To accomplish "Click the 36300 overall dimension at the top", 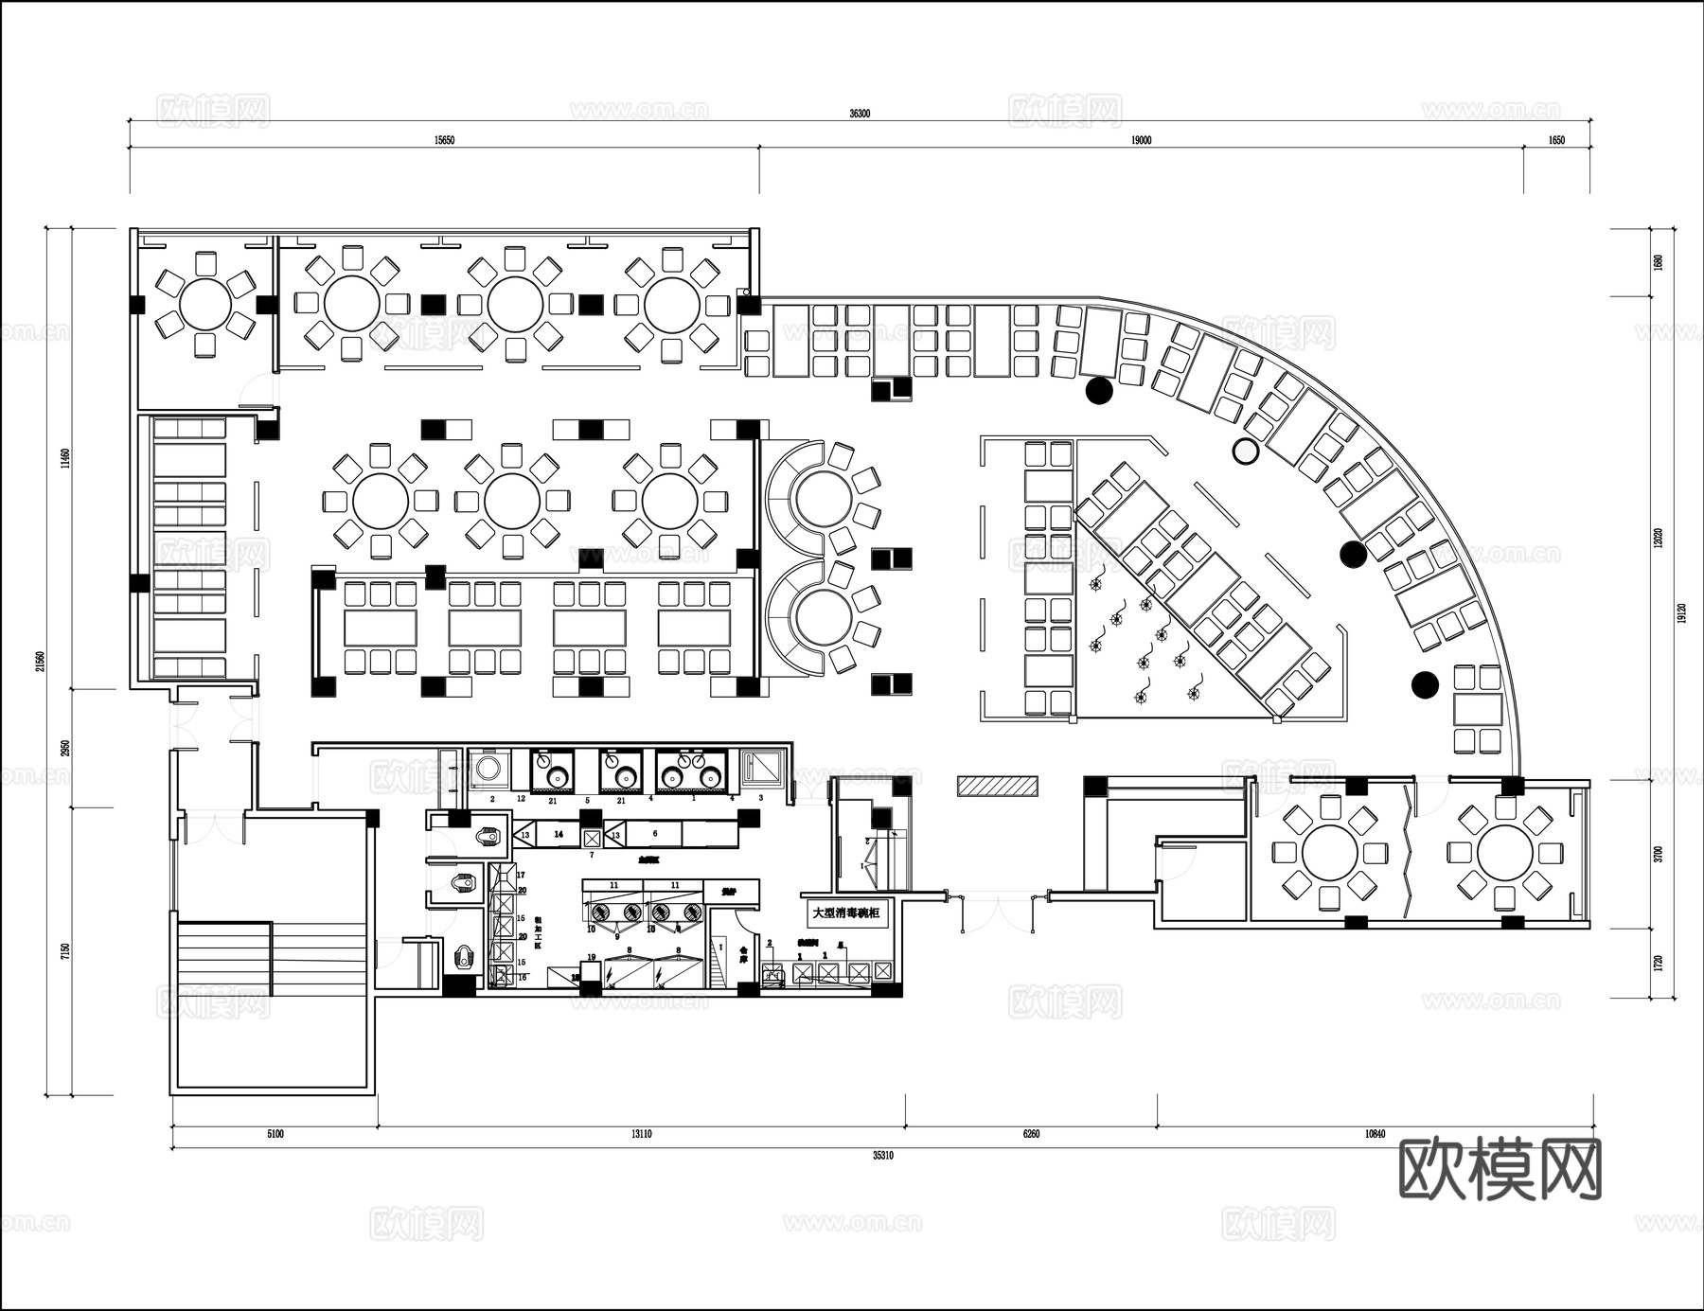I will tap(860, 114).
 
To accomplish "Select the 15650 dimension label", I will tap(444, 140).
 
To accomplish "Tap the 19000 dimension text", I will tap(1141, 140).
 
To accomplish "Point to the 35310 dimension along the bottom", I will tap(882, 1156).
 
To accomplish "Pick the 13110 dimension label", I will tap(641, 1134).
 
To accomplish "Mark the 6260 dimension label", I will tap(1031, 1134).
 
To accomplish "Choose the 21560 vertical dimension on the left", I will tap(40, 660).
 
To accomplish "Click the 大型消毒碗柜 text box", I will tap(846, 913).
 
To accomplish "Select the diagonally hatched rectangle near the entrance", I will tap(997, 786).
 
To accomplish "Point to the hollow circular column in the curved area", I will tap(1247, 452).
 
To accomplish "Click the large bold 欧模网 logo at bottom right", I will tap(1500, 1169).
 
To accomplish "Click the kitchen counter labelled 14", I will tap(559, 834).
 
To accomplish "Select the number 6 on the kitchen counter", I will tap(655, 834).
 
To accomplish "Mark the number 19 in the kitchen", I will tap(592, 958).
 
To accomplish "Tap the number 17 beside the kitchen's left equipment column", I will tap(521, 875).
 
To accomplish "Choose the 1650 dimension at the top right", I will tap(1556, 140).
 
